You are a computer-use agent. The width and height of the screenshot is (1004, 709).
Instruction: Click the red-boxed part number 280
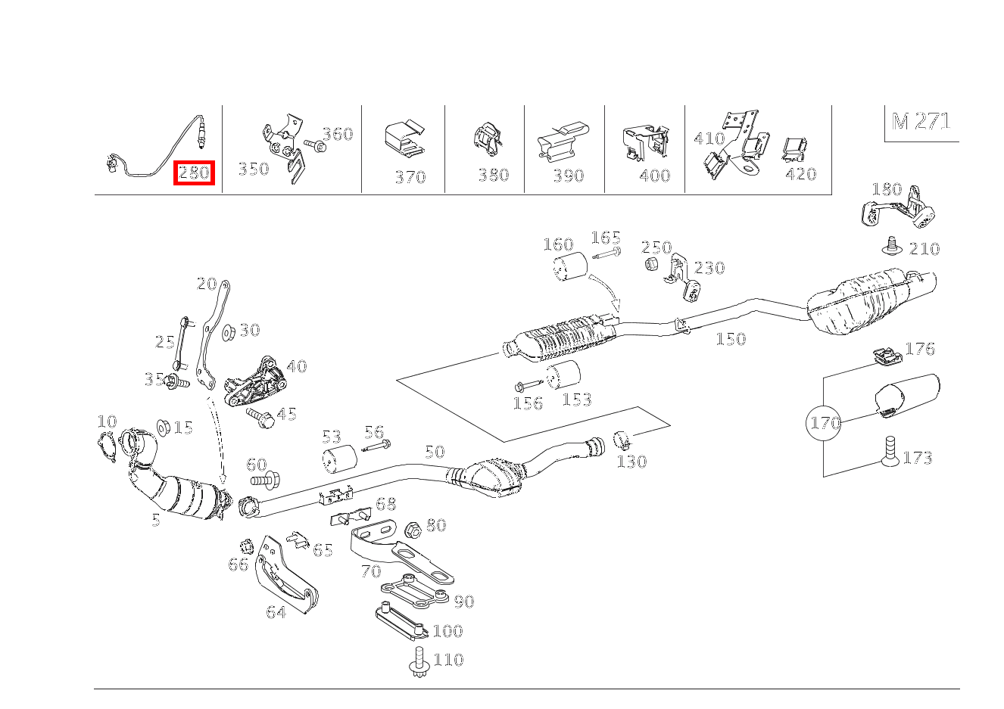[194, 173]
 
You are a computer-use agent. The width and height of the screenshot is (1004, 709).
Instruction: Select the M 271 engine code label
[921, 121]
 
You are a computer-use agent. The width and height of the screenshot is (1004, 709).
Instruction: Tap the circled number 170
[823, 422]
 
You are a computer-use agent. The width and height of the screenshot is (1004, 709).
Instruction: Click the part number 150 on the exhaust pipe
[731, 339]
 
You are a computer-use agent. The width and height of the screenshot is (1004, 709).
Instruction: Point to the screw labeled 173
[890, 452]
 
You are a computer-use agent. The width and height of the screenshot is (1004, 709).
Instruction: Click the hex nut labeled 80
[413, 530]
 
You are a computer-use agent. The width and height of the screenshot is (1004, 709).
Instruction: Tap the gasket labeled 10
[106, 446]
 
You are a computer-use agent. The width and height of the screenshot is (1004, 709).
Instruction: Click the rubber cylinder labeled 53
[340, 459]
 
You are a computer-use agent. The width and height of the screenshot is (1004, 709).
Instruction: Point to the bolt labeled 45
[260, 418]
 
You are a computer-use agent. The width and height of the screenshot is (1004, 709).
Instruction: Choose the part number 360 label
[338, 134]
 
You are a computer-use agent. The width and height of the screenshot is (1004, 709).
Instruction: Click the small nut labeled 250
[651, 264]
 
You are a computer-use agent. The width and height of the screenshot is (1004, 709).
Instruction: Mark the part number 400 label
[655, 176]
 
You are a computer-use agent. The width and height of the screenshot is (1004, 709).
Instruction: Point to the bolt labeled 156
[529, 384]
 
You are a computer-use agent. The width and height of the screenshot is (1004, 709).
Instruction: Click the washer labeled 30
[229, 332]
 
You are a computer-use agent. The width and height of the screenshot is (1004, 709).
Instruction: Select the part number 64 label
[276, 612]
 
